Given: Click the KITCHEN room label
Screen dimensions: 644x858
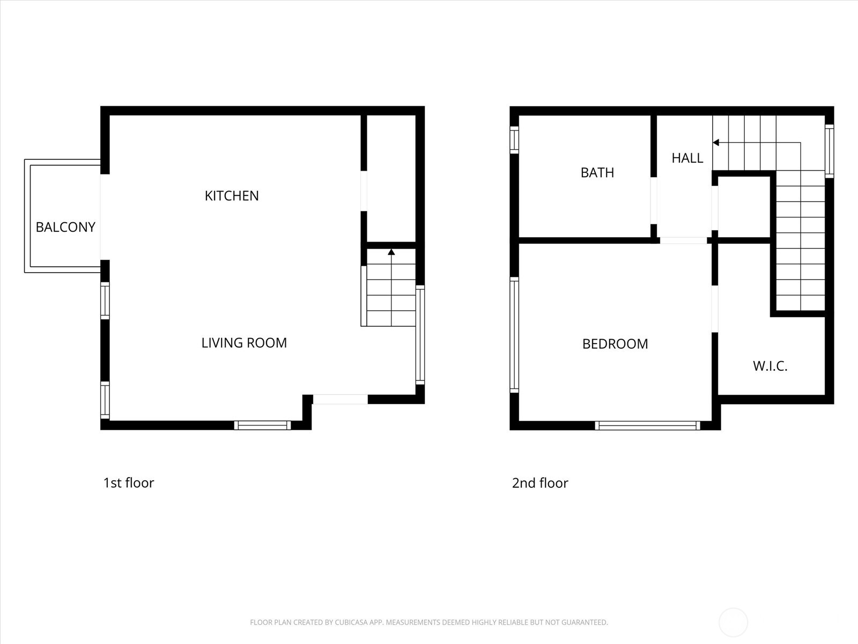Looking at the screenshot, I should pos(232,196).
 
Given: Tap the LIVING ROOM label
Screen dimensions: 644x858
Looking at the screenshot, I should pos(244,343).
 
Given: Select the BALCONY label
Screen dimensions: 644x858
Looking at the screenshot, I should pos(65,227).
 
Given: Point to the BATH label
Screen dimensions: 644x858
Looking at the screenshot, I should pos(597,173).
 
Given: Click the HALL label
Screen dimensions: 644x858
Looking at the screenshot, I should pos(687,158).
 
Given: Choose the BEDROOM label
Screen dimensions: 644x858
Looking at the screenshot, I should pos(615,344).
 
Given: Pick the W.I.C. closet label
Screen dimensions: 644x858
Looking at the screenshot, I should pos(770,367).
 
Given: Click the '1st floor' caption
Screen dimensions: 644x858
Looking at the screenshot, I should pos(129,483).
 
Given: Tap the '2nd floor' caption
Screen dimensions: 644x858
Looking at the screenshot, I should pos(540,483).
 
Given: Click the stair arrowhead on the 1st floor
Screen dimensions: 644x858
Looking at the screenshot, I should pos(391,252).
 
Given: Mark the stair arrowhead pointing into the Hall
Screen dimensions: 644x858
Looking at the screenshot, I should pos(716,143).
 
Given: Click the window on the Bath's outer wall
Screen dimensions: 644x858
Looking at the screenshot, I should pos(514,140).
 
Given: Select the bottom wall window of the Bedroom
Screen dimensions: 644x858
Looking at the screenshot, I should pos(647,426).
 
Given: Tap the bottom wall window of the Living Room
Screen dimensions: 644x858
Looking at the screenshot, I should pos(263,426).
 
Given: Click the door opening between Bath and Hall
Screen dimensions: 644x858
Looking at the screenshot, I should pos(654,200).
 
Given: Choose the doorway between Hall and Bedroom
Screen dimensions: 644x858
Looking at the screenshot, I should pos(683,240).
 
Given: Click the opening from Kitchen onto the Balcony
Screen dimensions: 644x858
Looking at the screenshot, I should pos(105,217).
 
